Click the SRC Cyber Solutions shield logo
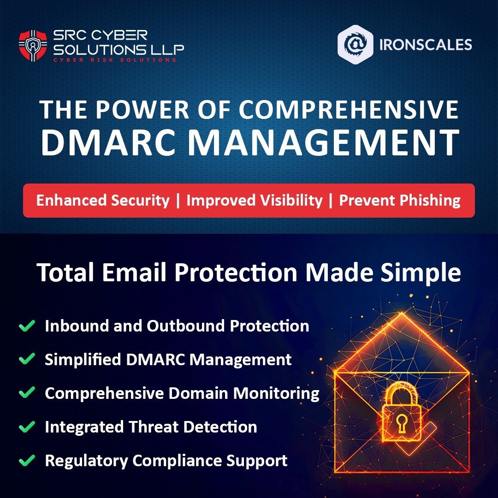tap(33, 45)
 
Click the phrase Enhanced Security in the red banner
tap(103, 201)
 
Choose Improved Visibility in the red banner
tap(254, 201)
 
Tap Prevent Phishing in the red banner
tap(399, 201)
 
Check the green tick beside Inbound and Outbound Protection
tap(27, 326)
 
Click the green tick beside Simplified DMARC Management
tap(27, 359)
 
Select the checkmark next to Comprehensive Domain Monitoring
tap(27, 393)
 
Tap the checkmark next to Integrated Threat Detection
tap(27, 427)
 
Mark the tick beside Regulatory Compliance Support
tap(27, 460)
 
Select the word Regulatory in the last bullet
tap(86, 460)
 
